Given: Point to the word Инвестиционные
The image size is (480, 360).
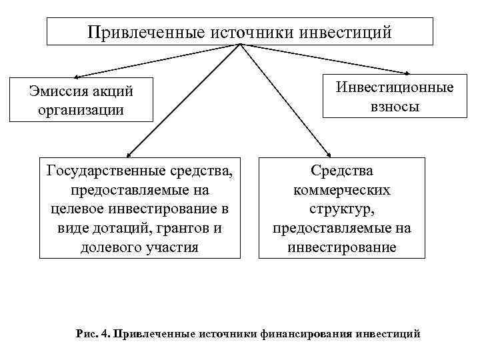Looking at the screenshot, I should [395, 87].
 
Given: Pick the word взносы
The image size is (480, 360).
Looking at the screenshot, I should [395, 106].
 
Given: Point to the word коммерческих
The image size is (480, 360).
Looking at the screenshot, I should [342, 191].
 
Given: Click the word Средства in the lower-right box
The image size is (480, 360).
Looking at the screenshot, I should [341, 172].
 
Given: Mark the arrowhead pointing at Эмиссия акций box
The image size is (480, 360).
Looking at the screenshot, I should [75, 77].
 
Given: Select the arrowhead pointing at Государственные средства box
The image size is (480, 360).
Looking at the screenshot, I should [129, 154].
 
